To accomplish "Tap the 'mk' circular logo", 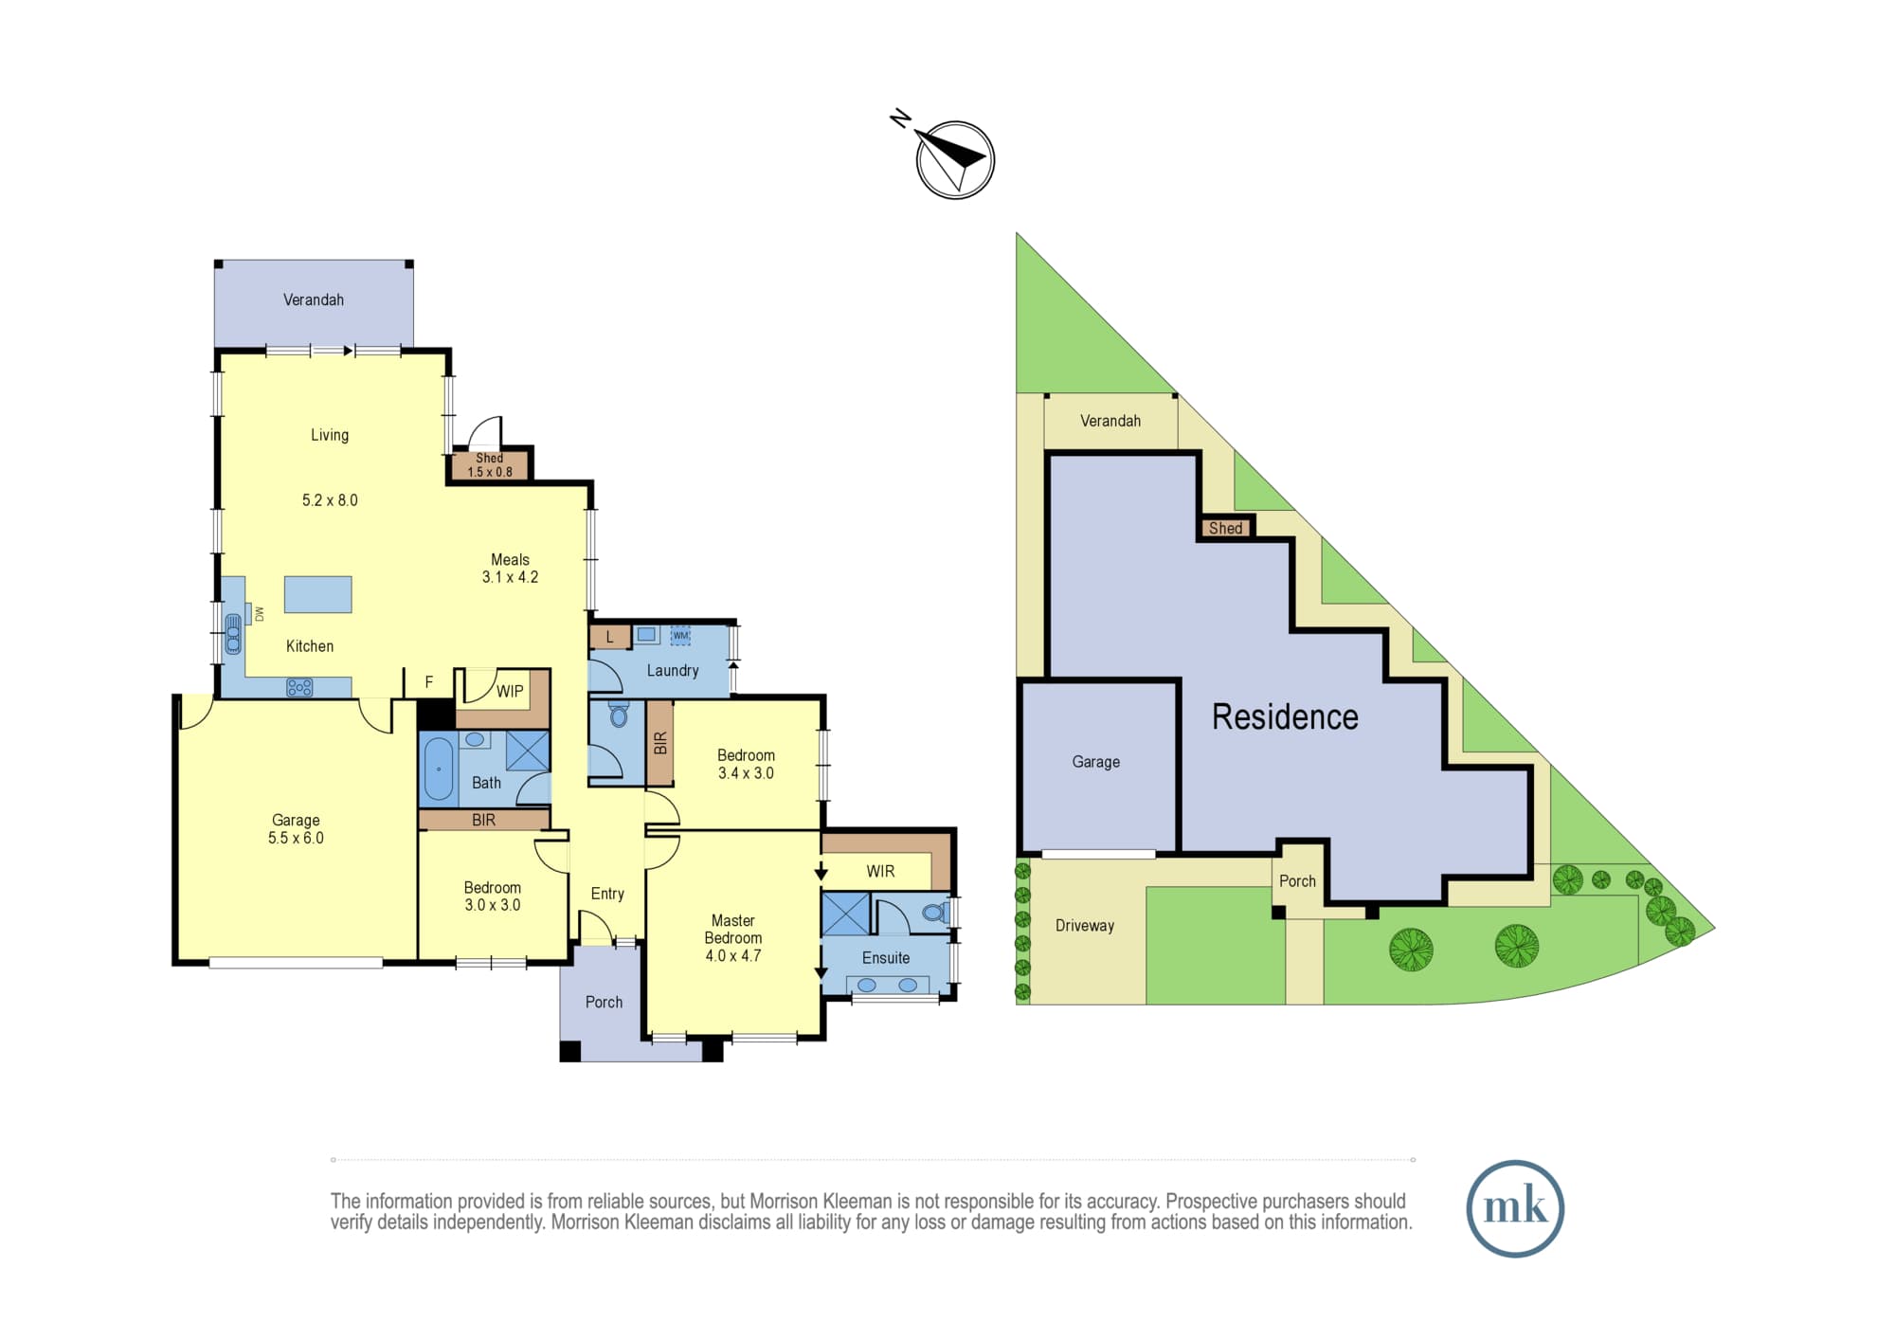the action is click(1515, 1208).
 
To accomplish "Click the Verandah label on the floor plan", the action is click(314, 299).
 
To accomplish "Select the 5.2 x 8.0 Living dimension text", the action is click(330, 500).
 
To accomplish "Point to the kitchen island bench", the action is click(318, 594).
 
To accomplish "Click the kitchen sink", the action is click(233, 634).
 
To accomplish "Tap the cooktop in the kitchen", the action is click(299, 688).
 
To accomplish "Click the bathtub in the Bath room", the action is click(439, 769).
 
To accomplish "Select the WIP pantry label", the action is click(510, 691).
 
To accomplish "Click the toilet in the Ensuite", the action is click(935, 913).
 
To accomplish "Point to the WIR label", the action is click(880, 871).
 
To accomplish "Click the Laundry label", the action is click(673, 670).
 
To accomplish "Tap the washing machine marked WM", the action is click(680, 635).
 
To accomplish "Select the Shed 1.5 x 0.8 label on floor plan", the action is click(490, 464).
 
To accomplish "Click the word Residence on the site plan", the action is click(1285, 716).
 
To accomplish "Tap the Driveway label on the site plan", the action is click(1085, 926).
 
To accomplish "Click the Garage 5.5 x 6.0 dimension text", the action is click(296, 838).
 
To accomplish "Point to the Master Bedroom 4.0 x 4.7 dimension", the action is click(733, 955).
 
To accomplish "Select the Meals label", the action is click(510, 559).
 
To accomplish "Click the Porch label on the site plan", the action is click(1297, 881).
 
